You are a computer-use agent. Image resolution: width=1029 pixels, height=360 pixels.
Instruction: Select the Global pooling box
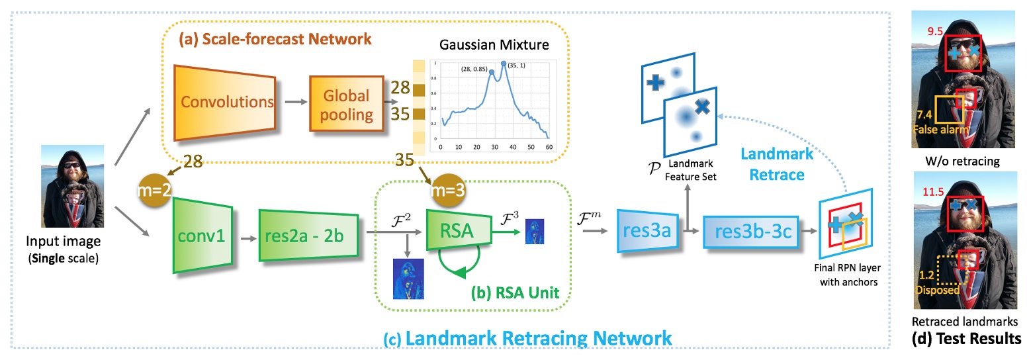347,103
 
